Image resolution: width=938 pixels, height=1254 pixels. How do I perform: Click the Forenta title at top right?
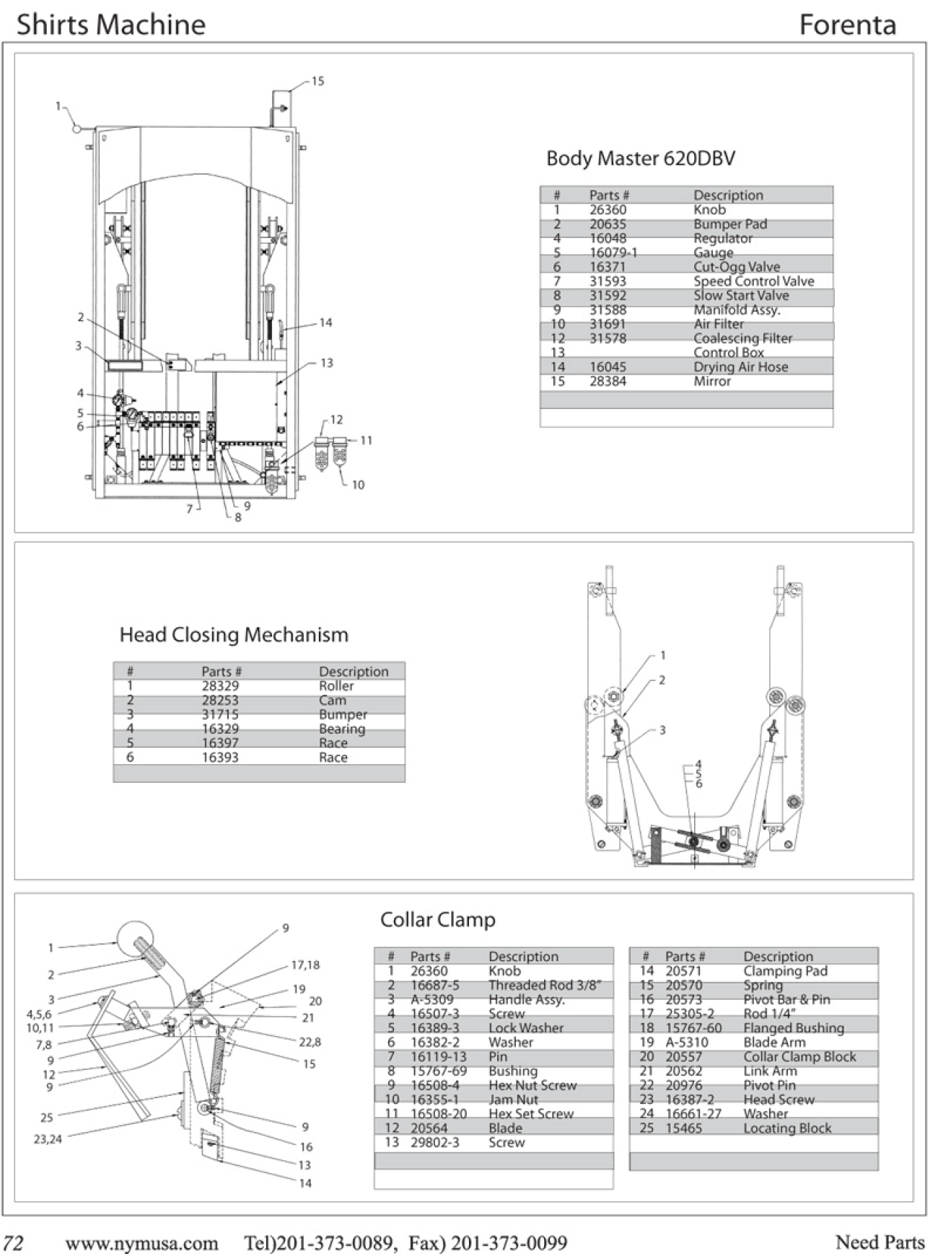pos(847,25)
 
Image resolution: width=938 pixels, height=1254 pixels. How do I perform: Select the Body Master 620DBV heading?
pos(641,158)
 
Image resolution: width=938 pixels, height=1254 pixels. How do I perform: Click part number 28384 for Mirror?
pos(608,381)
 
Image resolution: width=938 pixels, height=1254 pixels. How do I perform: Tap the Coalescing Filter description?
pos(742,338)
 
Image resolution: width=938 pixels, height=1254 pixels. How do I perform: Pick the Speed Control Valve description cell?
pos(753,281)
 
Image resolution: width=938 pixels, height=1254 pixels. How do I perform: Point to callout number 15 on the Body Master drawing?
pos(317,81)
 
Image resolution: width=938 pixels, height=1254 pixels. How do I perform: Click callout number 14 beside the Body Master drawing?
pos(325,323)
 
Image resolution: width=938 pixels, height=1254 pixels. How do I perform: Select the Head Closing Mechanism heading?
pos(234,635)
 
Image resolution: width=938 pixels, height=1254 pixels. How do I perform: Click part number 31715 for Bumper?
pos(220,714)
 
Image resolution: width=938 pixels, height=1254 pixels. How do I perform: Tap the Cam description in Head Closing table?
pos(333,700)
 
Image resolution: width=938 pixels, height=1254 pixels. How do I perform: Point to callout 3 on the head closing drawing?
pos(662,730)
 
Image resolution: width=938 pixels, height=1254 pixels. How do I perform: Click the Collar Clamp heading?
pos(437,920)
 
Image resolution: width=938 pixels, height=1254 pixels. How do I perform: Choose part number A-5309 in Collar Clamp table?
pos(432,999)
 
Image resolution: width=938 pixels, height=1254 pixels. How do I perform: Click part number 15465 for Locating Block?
pos(683,1128)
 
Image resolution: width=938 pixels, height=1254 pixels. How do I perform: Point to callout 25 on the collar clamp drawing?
pos(46,1118)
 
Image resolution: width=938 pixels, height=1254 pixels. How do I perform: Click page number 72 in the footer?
pos(14,1242)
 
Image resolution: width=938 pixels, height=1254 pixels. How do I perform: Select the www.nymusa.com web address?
pos(141,1242)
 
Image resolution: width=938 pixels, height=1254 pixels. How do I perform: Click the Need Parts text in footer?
pos(880,1242)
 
